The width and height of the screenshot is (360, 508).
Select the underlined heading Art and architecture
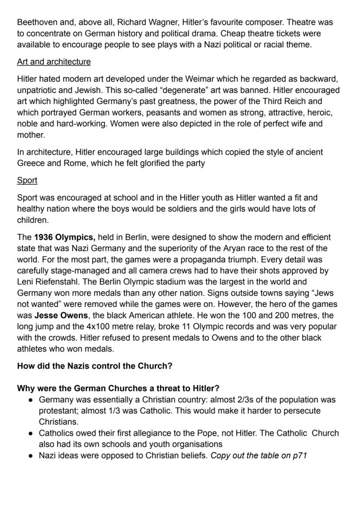tap(54, 62)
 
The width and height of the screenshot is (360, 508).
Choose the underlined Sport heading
tap(27, 180)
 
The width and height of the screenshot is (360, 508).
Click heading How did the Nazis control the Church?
tap(94, 366)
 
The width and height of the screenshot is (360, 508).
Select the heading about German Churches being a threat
tap(118, 388)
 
